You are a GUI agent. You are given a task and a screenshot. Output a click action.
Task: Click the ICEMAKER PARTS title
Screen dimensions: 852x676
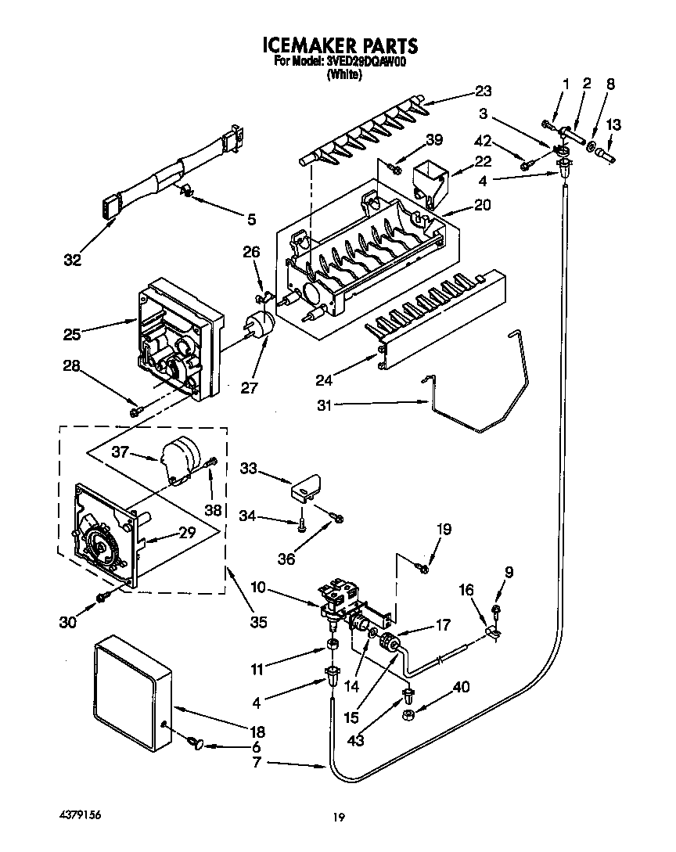(338, 45)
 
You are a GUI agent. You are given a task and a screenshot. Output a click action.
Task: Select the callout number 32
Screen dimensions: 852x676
(72, 261)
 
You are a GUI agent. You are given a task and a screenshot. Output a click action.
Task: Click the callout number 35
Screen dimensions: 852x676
(258, 623)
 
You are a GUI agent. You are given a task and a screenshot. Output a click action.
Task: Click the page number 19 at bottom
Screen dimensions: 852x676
(338, 818)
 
